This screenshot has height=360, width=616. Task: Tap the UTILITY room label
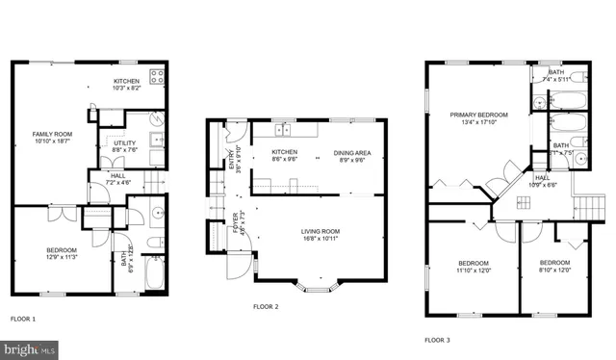[126, 143]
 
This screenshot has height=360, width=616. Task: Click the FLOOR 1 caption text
[23, 319]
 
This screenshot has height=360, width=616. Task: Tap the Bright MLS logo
[29, 349]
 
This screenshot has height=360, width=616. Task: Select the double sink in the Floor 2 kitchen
[283, 130]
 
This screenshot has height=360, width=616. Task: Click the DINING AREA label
[349, 154]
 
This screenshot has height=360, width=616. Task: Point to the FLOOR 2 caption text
[266, 307]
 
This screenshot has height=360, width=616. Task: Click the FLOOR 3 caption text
[437, 340]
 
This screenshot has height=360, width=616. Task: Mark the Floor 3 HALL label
[542, 179]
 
